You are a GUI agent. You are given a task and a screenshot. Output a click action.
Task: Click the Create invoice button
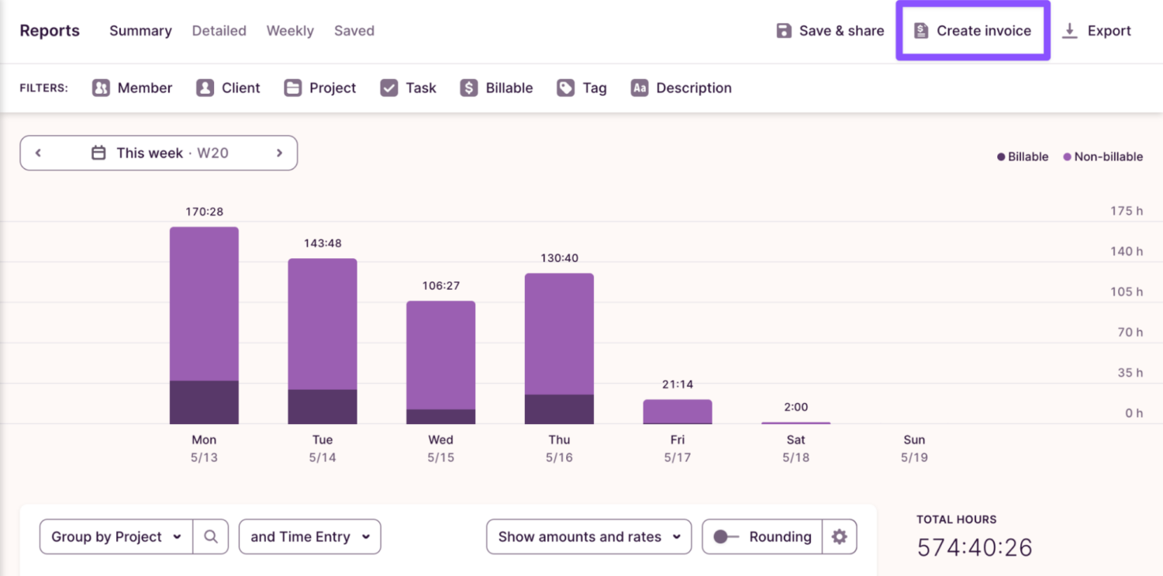(x=973, y=31)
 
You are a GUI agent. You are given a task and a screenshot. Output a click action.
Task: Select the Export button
(x=1096, y=31)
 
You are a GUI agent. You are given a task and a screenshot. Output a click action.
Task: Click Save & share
(x=830, y=31)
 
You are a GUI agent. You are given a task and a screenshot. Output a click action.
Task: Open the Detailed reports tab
(x=219, y=31)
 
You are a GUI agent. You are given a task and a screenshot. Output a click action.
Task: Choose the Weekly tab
(x=290, y=31)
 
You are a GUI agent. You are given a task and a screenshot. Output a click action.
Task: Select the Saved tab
(x=354, y=31)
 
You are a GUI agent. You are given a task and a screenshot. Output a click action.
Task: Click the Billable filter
(x=496, y=88)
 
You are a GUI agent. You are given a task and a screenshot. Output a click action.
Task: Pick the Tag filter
(x=581, y=88)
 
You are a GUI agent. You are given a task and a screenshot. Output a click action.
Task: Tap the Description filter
(x=681, y=88)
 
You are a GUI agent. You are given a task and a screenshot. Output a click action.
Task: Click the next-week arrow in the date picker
(x=280, y=153)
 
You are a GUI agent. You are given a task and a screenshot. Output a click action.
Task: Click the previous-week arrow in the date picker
(x=38, y=153)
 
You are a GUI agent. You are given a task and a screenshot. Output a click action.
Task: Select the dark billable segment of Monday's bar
(x=204, y=402)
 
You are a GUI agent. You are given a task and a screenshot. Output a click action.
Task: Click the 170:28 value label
(x=204, y=211)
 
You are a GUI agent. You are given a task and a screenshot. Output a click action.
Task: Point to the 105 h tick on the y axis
(x=1127, y=291)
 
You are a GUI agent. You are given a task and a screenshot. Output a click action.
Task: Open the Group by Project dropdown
(x=116, y=536)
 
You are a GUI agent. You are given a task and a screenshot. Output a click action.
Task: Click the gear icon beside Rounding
(x=839, y=536)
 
